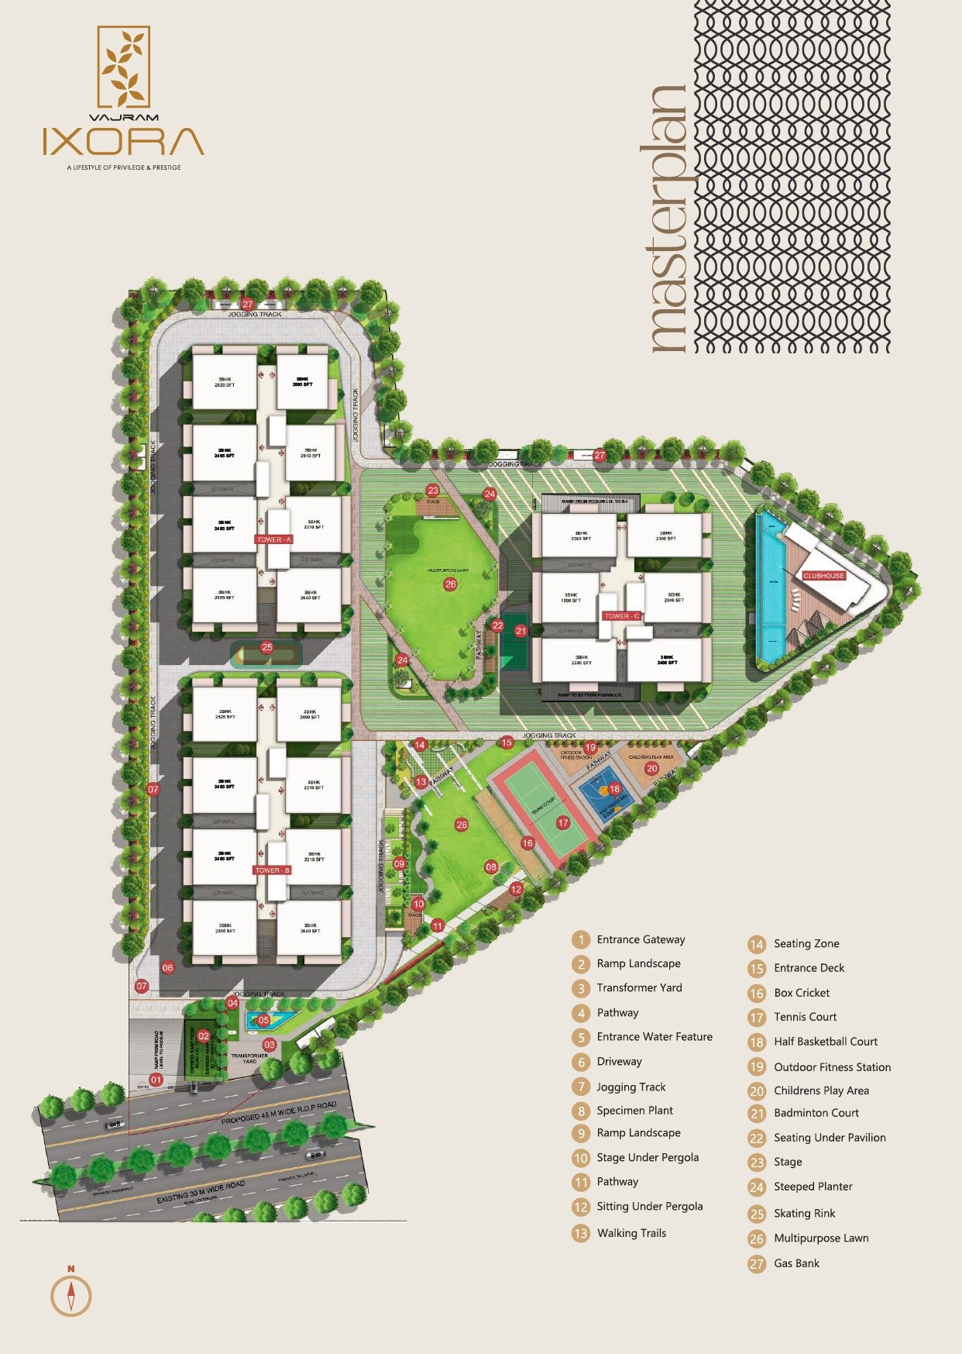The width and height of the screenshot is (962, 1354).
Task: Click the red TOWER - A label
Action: click(273, 539)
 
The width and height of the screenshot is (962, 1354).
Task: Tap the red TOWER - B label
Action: click(272, 870)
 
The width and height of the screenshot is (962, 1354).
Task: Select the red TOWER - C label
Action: click(622, 616)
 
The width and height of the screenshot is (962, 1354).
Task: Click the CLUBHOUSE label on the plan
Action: click(823, 576)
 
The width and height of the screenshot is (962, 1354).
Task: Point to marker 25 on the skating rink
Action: click(266, 647)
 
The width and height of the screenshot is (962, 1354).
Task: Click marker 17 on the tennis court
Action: click(563, 822)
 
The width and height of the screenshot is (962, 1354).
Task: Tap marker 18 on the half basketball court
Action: click(614, 789)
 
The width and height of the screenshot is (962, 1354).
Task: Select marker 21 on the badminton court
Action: click(521, 631)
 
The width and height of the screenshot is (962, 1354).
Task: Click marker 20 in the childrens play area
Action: click(652, 769)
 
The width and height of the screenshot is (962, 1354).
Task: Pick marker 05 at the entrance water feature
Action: click(263, 1020)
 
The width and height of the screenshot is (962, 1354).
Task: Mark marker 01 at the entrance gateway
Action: click(156, 1080)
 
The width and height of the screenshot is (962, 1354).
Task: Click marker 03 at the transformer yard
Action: click(270, 1045)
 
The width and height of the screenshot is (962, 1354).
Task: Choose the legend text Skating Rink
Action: click(804, 1213)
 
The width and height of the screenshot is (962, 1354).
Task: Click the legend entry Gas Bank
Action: click(796, 1263)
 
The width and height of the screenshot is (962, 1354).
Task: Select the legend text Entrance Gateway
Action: click(641, 939)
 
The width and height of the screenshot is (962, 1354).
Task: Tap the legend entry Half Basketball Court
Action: click(826, 1042)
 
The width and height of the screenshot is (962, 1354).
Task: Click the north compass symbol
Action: click(71, 1295)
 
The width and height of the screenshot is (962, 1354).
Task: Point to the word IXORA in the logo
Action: click(123, 142)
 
